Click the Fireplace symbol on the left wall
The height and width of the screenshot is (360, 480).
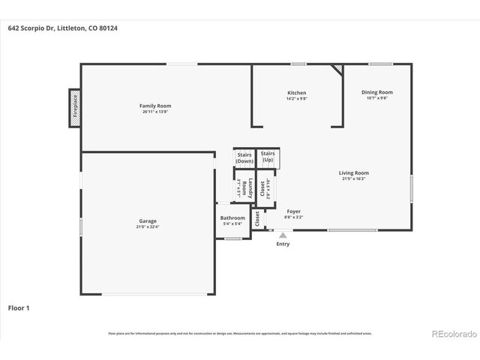[x=75, y=106]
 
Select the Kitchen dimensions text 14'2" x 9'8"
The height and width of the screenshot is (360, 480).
[x=297, y=98]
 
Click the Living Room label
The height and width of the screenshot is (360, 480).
[x=353, y=172]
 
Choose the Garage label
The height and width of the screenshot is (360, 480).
[x=147, y=220]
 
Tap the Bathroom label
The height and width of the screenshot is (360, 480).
[x=232, y=217]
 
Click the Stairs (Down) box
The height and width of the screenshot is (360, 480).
[x=244, y=157]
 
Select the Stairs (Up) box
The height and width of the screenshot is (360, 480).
[x=268, y=157]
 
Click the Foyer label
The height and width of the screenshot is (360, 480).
[x=294, y=212]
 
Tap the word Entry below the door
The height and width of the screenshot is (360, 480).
[x=283, y=244]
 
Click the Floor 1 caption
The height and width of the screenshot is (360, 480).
[x=19, y=307]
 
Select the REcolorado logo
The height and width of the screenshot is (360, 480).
[x=452, y=332]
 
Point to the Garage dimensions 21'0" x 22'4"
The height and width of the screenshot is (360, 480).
[x=147, y=226]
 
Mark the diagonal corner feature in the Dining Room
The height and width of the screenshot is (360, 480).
[x=337, y=69]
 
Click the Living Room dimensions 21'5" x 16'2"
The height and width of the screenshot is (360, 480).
[x=353, y=178]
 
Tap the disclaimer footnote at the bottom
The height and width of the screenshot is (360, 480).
[x=240, y=333]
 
